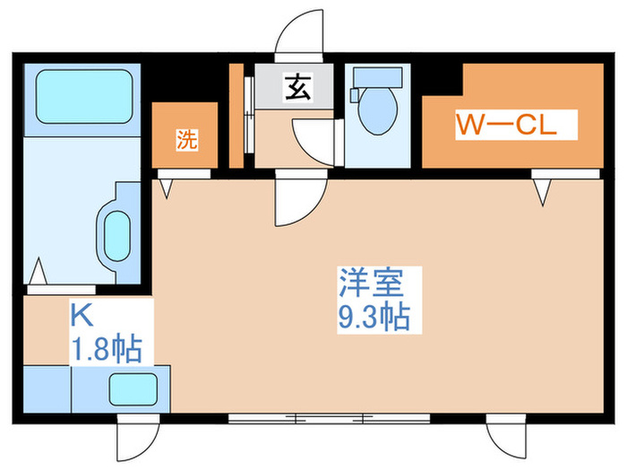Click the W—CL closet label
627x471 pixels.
pyautogui.click(x=506, y=124)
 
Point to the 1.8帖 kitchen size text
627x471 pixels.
pyautogui.click(x=106, y=348)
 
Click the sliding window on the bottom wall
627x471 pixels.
pyautogui.click(x=329, y=418)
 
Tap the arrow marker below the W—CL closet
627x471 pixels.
pyautogui.click(x=542, y=191)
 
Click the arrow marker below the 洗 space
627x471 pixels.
pyautogui.click(x=167, y=188)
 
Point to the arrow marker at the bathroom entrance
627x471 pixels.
pyautogui.click(x=39, y=268)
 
